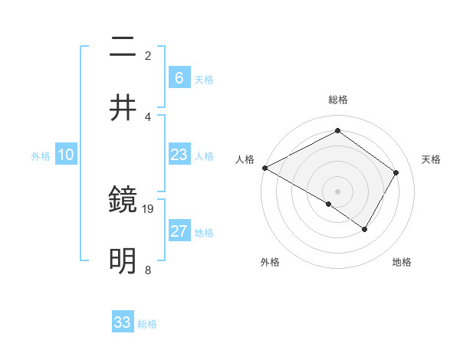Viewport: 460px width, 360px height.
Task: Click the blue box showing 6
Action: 179,77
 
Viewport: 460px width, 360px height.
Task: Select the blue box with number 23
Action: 179,155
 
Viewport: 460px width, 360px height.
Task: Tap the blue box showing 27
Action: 179,231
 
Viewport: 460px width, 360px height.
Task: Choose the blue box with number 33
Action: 123,322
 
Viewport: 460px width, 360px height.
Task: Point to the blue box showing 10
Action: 66,155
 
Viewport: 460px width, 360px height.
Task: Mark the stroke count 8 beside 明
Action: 147,269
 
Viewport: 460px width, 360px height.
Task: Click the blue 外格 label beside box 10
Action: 41,156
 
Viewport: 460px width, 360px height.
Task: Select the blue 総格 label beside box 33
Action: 147,324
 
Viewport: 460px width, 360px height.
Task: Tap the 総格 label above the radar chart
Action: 338,100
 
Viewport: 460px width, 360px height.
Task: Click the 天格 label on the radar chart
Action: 431,159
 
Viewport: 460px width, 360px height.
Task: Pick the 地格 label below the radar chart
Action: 402,263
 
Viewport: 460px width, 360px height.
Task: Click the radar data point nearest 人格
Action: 264,167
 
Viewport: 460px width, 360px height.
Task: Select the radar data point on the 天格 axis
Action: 396,172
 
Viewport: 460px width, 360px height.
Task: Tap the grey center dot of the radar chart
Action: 338,191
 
